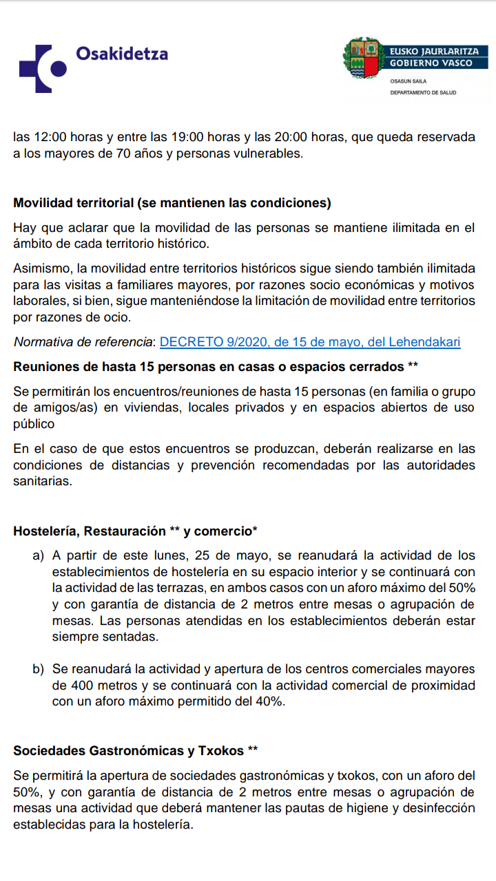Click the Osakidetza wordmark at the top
click(122, 53)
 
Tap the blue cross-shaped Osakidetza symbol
click(43, 68)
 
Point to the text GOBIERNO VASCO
click(431, 63)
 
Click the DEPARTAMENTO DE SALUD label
click(423, 92)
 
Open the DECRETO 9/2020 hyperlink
click(310, 342)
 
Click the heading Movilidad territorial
click(172, 204)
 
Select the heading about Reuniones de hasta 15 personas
click(216, 367)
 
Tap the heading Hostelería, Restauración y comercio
click(136, 531)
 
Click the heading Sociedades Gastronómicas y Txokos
click(136, 750)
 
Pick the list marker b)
click(38, 669)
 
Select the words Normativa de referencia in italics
click(84, 342)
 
